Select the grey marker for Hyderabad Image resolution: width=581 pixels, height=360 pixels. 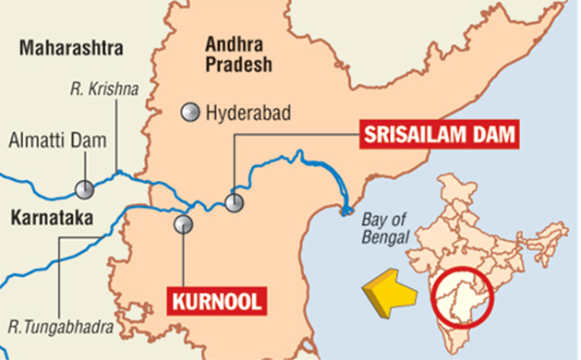[x=190, y=114]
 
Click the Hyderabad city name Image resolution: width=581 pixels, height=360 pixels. [x=248, y=114]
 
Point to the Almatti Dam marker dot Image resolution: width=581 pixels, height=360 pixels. [x=85, y=189]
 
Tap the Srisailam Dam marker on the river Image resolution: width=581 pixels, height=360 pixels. [x=235, y=203]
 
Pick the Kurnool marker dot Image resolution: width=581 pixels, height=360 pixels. [x=183, y=222]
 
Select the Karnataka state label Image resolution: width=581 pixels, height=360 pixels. [x=46, y=219]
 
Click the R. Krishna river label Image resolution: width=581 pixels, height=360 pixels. [x=103, y=90]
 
